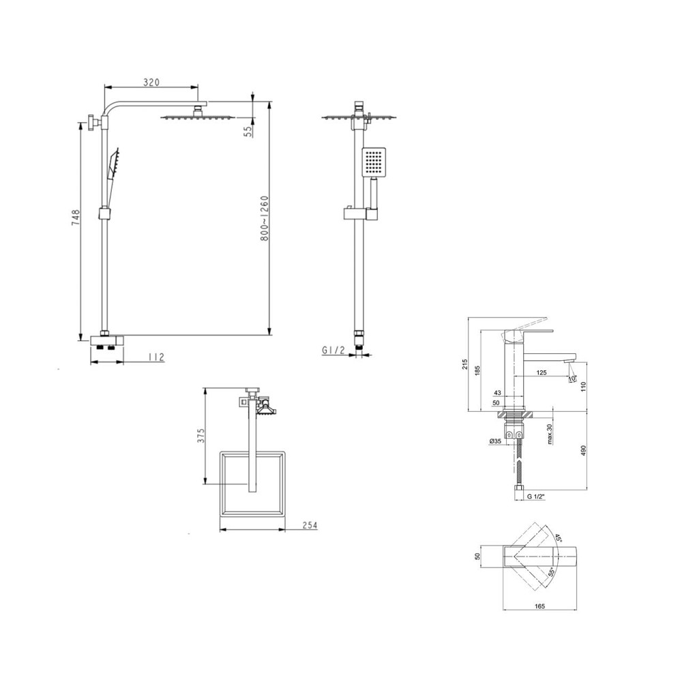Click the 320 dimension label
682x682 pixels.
[151, 82]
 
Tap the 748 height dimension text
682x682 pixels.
[76, 218]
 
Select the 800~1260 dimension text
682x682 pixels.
[265, 219]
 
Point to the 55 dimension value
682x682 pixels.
[249, 132]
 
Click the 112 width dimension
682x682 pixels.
[155, 357]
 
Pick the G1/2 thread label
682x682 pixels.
[333, 350]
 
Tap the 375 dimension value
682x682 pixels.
[201, 435]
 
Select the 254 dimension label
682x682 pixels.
[310, 525]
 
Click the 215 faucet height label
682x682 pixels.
[464, 364]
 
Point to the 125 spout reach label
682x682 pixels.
[542, 372]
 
